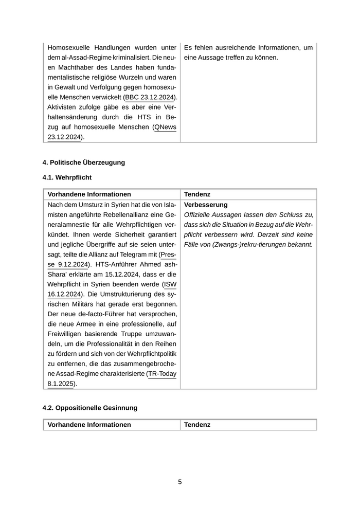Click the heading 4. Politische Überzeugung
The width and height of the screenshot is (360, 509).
83,162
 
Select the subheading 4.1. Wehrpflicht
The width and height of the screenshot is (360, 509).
67,177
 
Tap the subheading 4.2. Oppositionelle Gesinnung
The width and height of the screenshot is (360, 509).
89,408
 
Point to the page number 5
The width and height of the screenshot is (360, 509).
180,482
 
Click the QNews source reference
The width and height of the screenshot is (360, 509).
166,127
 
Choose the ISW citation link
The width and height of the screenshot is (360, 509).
170,284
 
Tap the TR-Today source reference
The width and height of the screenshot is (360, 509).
162,374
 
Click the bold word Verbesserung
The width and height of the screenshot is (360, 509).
205,205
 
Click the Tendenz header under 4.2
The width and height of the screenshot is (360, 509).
197,425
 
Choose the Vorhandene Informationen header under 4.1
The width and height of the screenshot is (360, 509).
89,194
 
